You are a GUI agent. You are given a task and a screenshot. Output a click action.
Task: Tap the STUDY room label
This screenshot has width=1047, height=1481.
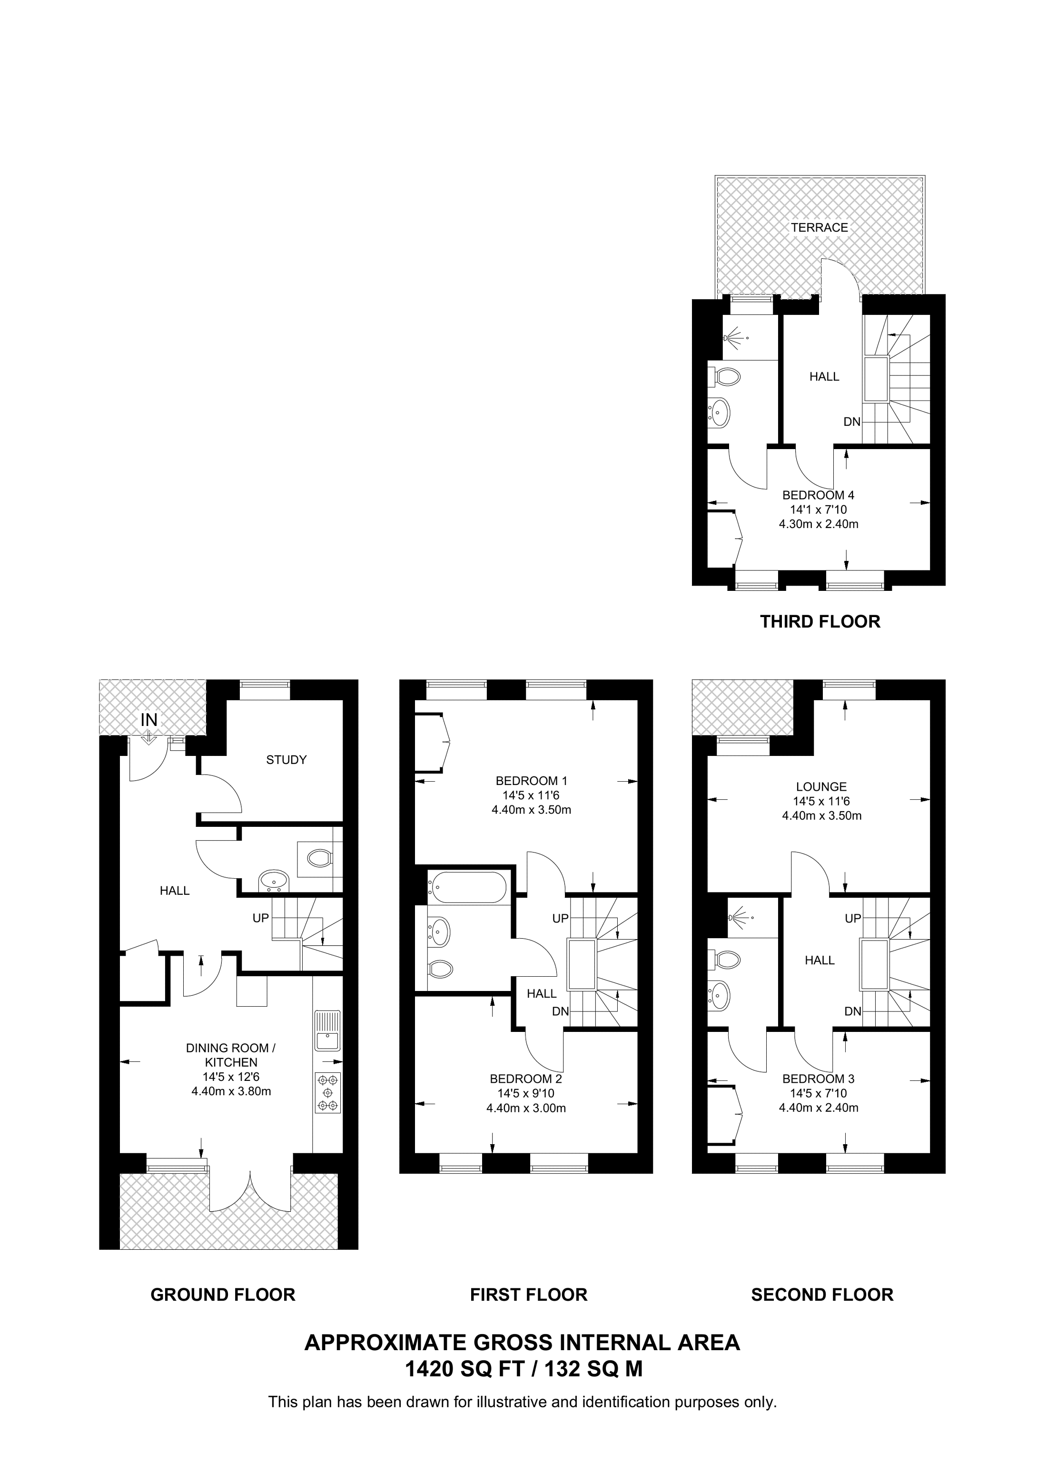point(286,759)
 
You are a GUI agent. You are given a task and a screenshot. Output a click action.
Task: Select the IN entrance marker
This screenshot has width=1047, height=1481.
point(149,719)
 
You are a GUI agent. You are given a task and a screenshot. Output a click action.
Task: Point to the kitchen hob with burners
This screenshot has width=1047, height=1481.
point(328,1092)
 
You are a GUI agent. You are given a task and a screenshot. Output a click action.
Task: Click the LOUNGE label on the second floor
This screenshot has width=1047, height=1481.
point(821,786)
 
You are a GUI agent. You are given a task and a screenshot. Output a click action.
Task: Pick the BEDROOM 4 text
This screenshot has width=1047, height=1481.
point(819,495)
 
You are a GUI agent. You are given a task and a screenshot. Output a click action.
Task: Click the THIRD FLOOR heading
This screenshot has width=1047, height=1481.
point(820,622)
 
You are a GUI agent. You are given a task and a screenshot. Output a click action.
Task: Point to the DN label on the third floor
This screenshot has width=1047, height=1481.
point(852,422)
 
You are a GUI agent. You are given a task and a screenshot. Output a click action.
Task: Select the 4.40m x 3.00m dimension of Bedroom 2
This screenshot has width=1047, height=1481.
point(526,1108)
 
